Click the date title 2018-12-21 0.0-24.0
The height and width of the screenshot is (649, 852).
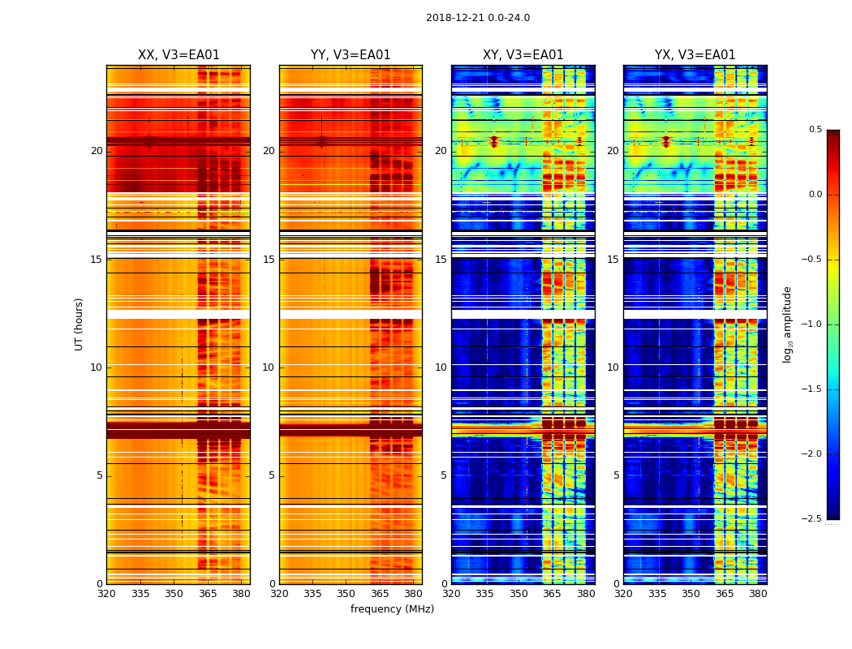click(x=478, y=18)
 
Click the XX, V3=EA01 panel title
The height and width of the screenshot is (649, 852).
click(x=179, y=55)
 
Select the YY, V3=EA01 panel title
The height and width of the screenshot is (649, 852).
click(x=351, y=55)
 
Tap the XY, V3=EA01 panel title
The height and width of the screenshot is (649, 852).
click(x=523, y=55)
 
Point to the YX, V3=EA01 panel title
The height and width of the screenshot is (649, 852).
click(x=695, y=55)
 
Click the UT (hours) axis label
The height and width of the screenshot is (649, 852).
click(x=80, y=324)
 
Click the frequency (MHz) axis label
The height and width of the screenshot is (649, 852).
click(x=392, y=609)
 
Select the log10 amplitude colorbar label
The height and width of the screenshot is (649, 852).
click(x=787, y=324)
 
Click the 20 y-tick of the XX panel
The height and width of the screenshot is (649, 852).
click(x=97, y=151)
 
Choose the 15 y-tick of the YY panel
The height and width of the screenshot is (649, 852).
click(x=269, y=260)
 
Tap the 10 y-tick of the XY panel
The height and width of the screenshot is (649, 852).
click(x=441, y=367)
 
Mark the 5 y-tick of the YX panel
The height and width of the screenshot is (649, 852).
click(x=616, y=475)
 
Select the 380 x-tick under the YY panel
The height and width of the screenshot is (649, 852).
click(x=413, y=594)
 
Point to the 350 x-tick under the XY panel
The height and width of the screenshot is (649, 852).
click(x=519, y=594)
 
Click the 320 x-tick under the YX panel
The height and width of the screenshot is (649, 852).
click(x=623, y=594)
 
